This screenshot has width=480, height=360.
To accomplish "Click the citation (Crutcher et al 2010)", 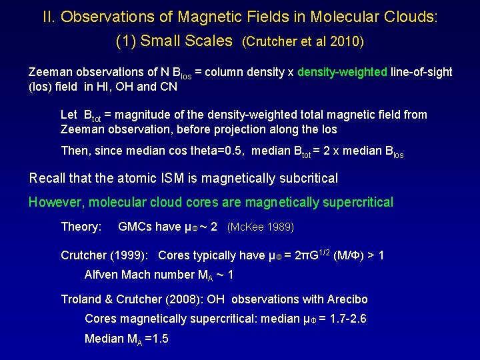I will tap(303, 42).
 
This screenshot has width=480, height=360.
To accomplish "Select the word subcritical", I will tap(305, 178).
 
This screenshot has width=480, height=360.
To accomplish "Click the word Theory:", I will tap(81, 227).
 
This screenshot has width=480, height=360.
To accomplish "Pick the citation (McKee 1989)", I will tap(261, 227).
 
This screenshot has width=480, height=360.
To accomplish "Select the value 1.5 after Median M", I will tap(158, 339).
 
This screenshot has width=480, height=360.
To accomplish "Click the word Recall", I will tap(47, 178).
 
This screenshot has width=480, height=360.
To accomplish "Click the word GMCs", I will tap(134, 227).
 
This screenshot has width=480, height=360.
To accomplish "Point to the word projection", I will tap(250, 129).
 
